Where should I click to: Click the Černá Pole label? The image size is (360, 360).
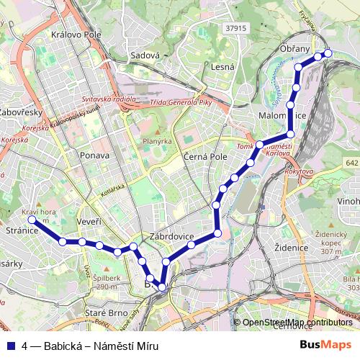pos(204,156)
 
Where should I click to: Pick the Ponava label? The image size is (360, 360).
pos(95,156)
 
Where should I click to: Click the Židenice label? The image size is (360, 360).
pos(292,247)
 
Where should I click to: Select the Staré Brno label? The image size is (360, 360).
pos(106,314)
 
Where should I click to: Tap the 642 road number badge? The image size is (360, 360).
pos(351,164)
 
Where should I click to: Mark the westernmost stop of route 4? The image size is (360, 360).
pos(32,220)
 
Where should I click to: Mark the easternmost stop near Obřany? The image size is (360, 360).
pos(328,53)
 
